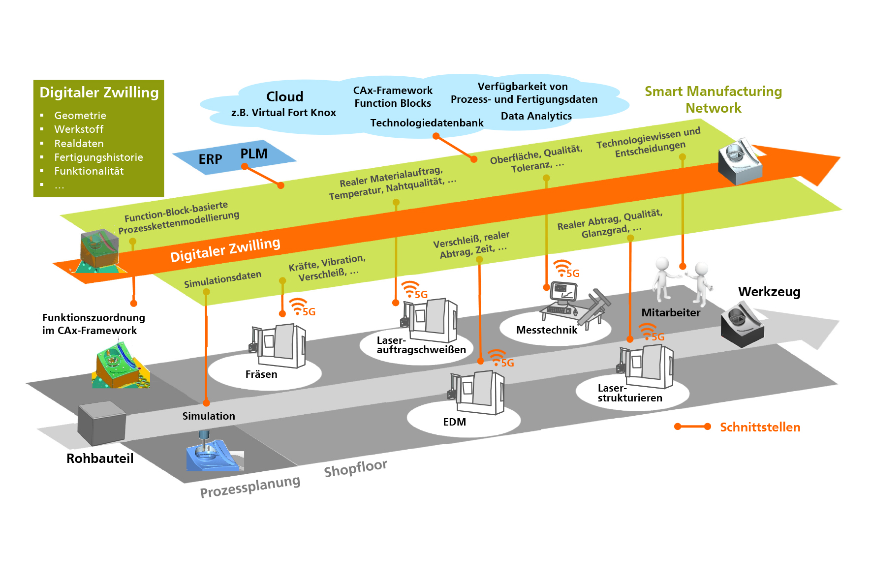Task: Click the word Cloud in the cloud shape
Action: tap(284, 96)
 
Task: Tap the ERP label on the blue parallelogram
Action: tap(210, 159)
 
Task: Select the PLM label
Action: tap(254, 154)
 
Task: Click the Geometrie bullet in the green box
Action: tap(80, 116)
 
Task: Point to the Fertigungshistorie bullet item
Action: tap(98, 157)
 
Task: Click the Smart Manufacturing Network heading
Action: tap(713, 99)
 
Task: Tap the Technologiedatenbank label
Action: tap(427, 123)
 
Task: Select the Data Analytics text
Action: tap(536, 116)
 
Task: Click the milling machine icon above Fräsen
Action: tap(279, 346)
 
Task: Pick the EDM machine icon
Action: tap(477, 393)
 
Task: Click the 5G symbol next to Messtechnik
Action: tap(566, 270)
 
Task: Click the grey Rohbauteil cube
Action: tap(101, 423)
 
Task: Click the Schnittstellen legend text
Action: tap(760, 427)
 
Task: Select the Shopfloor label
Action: tap(355, 468)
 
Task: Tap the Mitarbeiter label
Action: tap(671, 313)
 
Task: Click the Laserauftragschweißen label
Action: tap(421, 345)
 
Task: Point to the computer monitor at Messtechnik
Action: tap(563, 292)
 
